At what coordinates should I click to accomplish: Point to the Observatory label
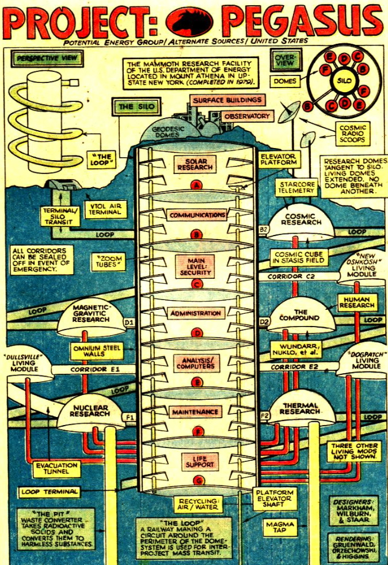(246, 116)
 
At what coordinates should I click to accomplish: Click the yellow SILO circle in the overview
(341, 82)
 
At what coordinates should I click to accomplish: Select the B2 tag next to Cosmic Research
(265, 229)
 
